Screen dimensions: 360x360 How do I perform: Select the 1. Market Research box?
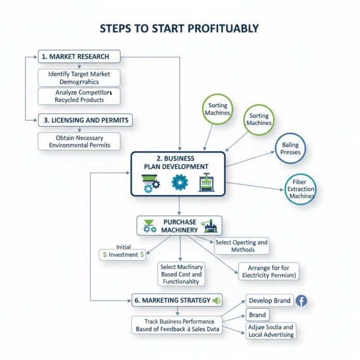[x=79, y=56]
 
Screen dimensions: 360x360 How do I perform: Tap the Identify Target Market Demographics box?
[x=79, y=78]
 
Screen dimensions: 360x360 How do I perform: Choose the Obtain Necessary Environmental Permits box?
[x=79, y=142]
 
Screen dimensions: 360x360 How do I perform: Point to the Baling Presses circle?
[x=290, y=149]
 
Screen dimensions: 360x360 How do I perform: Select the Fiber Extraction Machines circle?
[x=301, y=189]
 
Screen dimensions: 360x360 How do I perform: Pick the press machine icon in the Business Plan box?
[x=205, y=184]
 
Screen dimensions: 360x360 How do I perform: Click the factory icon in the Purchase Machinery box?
[x=211, y=226]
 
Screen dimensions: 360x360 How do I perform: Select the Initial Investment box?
[x=123, y=254]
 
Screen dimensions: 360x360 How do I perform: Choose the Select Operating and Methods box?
[x=242, y=246]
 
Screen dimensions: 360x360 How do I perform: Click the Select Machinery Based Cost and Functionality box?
[x=181, y=274]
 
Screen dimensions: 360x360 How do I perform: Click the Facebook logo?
[x=301, y=301]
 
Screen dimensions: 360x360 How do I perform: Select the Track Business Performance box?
[x=177, y=325]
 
